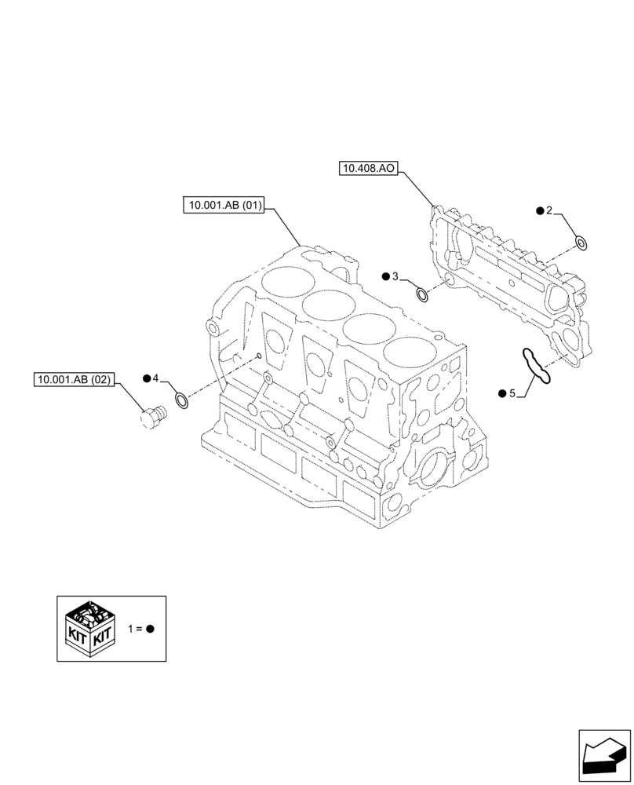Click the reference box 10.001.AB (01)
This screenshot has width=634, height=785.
pos(224,206)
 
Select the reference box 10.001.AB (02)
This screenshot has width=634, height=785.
pos(75,380)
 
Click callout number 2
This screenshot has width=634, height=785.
pos(549,210)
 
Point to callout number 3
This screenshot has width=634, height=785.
pos(395,276)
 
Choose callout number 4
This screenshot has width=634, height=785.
pos(155,379)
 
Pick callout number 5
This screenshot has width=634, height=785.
pos(512,392)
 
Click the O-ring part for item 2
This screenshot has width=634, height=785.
pos(581,243)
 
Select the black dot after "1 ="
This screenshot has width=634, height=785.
pos(151,629)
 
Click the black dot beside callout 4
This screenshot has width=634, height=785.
pos(146,379)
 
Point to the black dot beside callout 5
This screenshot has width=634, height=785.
pos(502,392)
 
